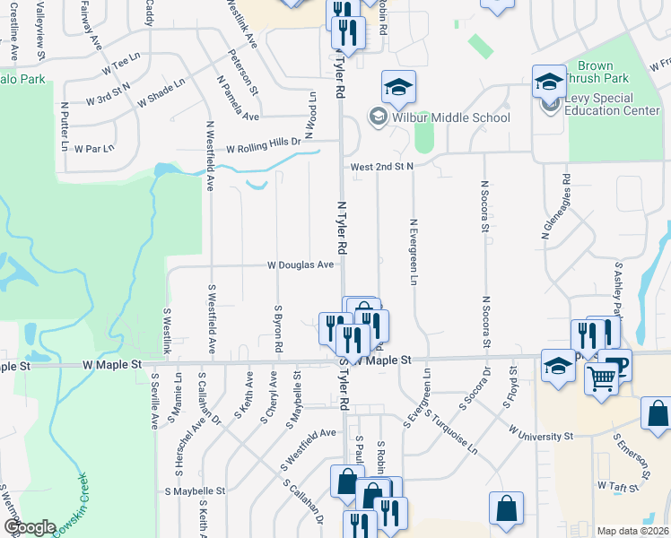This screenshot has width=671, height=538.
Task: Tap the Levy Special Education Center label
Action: click(x=614, y=105)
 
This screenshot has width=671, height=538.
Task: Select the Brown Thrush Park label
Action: click(x=595, y=73)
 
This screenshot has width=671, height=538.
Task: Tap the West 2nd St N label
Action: click(x=381, y=167)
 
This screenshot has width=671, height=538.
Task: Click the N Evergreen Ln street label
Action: click(x=414, y=252)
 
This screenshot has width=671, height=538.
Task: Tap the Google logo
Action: click(x=29, y=527)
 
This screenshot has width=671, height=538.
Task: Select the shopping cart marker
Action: click(x=602, y=377)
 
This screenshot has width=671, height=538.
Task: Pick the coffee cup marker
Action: click(x=617, y=364)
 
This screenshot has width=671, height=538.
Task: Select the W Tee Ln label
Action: click(x=122, y=68)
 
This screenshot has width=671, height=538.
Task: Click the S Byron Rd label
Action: click(x=279, y=328)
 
